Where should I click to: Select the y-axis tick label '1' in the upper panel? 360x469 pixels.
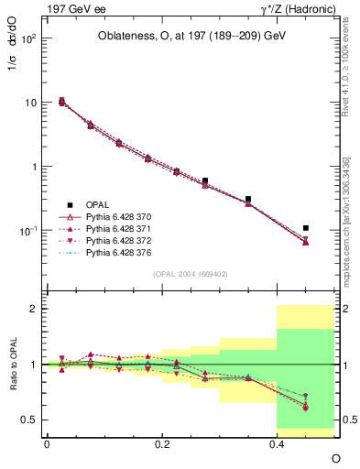(34, 167)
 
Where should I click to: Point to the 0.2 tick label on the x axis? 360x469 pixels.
(162, 442)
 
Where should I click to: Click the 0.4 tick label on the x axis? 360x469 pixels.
(277, 442)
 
